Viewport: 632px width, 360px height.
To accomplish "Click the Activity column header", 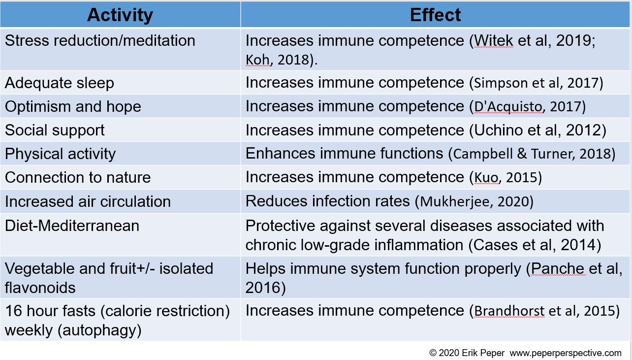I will [x=120, y=15].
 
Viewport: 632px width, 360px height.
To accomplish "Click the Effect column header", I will [x=435, y=15].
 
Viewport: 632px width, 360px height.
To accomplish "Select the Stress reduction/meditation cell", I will [x=100, y=40].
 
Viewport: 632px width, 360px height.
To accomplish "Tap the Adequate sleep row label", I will [x=60, y=83].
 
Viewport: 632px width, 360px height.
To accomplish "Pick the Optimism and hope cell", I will [x=73, y=106].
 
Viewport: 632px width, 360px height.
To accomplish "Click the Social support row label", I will [x=55, y=130].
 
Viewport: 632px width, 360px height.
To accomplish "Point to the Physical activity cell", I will [x=60, y=154].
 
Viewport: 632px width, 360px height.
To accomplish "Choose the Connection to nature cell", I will [x=78, y=177].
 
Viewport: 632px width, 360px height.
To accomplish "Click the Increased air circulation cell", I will [x=88, y=201].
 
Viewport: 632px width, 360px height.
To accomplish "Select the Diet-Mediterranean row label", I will [x=72, y=226].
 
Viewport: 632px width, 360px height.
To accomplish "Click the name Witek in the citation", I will [x=492, y=40].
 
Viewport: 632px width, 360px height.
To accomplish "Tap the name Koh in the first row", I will [x=258, y=60].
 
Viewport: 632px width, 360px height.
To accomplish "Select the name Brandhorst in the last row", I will [x=509, y=311].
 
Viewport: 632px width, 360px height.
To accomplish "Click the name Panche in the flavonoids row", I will [x=558, y=269].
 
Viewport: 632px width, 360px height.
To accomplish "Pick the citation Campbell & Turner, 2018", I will [x=532, y=154].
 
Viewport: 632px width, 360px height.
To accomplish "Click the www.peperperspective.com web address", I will [x=566, y=353].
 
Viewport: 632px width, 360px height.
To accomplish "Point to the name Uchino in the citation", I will [x=497, y=130].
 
